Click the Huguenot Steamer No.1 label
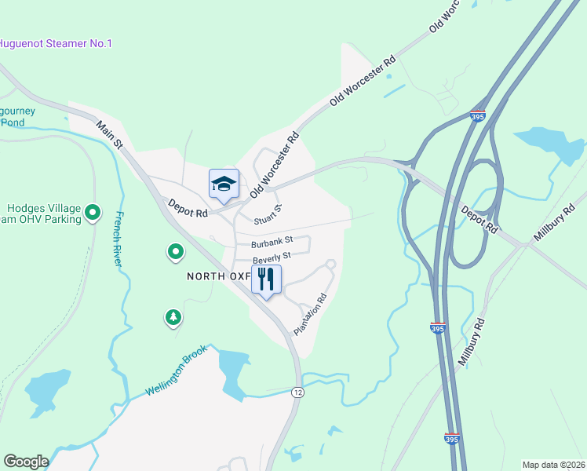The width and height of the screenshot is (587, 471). point(55,43)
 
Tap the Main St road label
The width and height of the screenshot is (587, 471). point(111,134)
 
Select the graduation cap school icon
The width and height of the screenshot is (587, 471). point(224,184)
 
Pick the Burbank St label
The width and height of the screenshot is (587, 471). point(272,240)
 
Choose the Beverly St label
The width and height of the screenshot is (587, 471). point(272,257)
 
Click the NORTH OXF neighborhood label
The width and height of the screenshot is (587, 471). point(218,276)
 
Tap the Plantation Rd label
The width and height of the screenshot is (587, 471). point(310,315)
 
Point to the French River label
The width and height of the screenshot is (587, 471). point(119,239)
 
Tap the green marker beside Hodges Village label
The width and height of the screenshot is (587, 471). point(93,212)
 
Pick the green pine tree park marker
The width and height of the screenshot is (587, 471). point(173,317)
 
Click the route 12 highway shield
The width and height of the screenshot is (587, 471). point(297,392)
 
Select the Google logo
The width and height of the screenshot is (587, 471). point(26,462)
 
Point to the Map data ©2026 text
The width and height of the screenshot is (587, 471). point(554,464)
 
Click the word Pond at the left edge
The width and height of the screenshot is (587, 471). point(13,122)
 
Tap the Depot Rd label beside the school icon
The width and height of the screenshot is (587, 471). point(188,209)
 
